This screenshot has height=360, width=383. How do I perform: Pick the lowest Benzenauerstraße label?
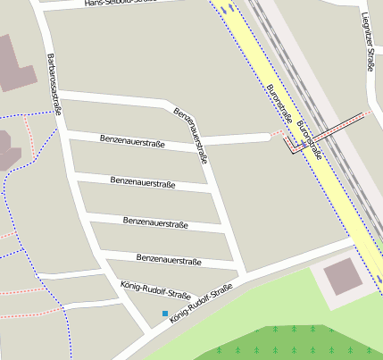[167, 260]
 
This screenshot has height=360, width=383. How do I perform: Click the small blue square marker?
[164, 313]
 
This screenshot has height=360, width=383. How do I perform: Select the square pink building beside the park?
[343, 277]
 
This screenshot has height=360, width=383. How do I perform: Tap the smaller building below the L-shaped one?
[7, 148]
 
